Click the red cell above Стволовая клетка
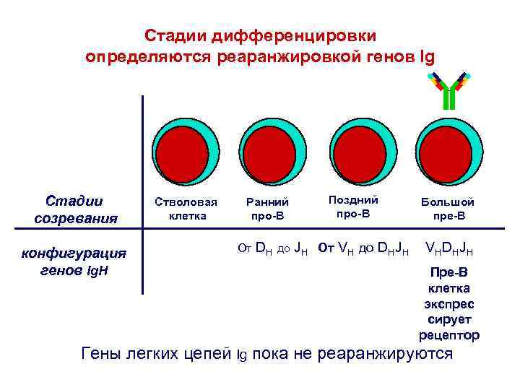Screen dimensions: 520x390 point(183,152)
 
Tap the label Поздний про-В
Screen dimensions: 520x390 point(353,206)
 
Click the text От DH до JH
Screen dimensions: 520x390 point(273,250)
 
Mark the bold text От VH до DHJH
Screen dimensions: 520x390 point(364,250)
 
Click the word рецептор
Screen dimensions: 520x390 point(449,334)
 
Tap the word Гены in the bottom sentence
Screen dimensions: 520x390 point(103,353)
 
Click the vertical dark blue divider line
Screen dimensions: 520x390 point(142,195)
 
